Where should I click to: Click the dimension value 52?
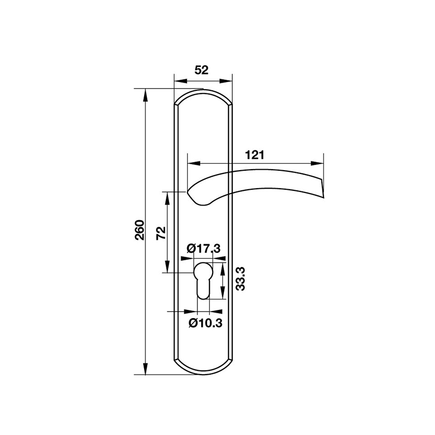click(x=201, y=70)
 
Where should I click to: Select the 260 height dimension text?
click(x=139, y=230)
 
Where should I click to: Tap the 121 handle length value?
click(x=254, y=155)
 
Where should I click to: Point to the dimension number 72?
click(x=160, y=232)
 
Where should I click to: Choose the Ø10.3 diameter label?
click(x=205, y=323)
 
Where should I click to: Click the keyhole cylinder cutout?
click(x=202, y=279)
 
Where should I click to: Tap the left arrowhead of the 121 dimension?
click(x=191, y=163)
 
